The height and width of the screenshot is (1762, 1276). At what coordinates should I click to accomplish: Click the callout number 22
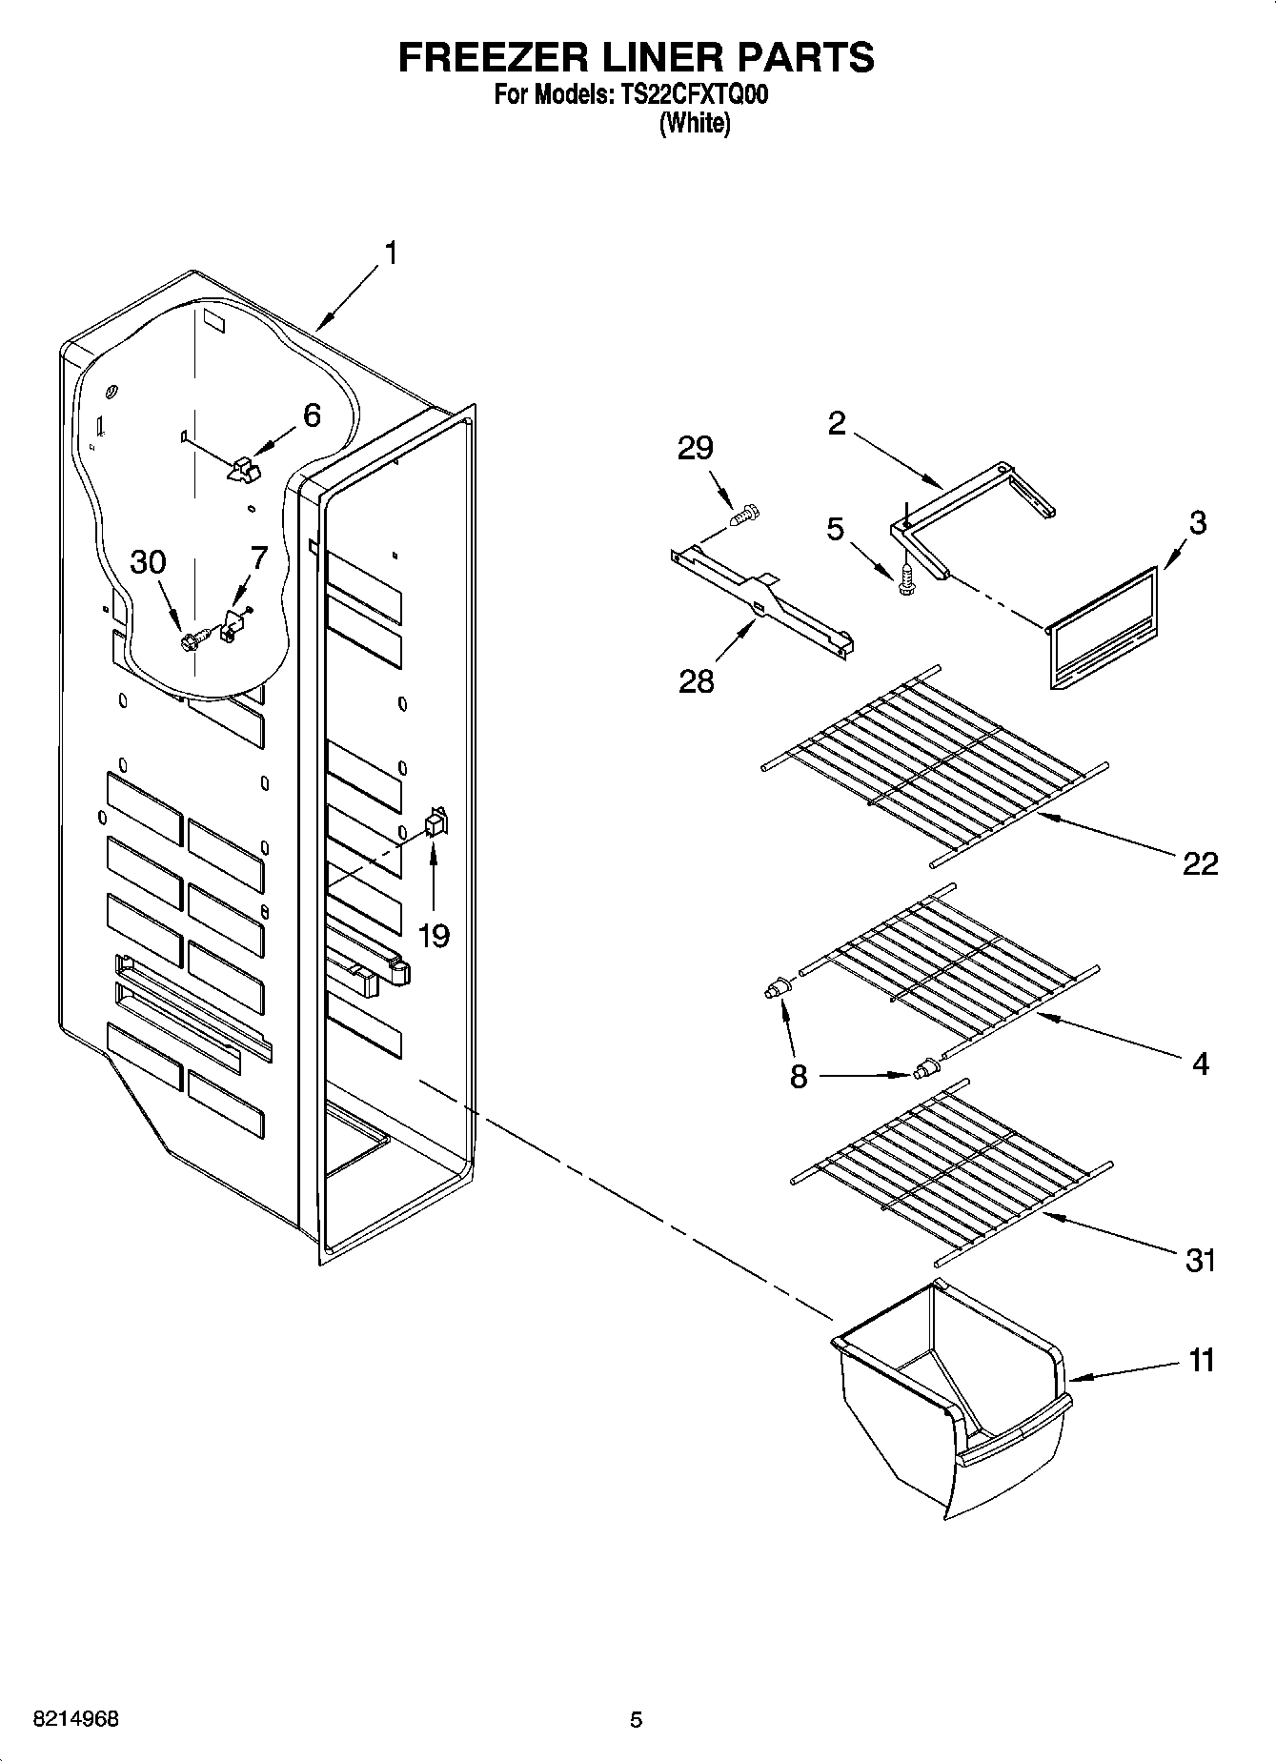coord(1200,863)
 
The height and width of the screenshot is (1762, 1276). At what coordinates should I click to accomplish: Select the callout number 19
coord(434,936)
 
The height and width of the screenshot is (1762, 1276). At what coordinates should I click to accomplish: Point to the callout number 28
coord(696,681)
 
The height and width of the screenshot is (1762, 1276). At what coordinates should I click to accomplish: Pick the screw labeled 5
coord(906,577)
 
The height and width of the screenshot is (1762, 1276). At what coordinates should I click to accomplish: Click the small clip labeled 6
coord(244,467)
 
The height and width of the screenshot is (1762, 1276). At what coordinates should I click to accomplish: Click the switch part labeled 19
coord(435,822)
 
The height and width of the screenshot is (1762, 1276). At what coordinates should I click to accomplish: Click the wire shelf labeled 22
coord(934,762)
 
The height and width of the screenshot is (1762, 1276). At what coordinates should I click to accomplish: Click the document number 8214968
coord(76,1719)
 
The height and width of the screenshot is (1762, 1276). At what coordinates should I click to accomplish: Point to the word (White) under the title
coord(696,124)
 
